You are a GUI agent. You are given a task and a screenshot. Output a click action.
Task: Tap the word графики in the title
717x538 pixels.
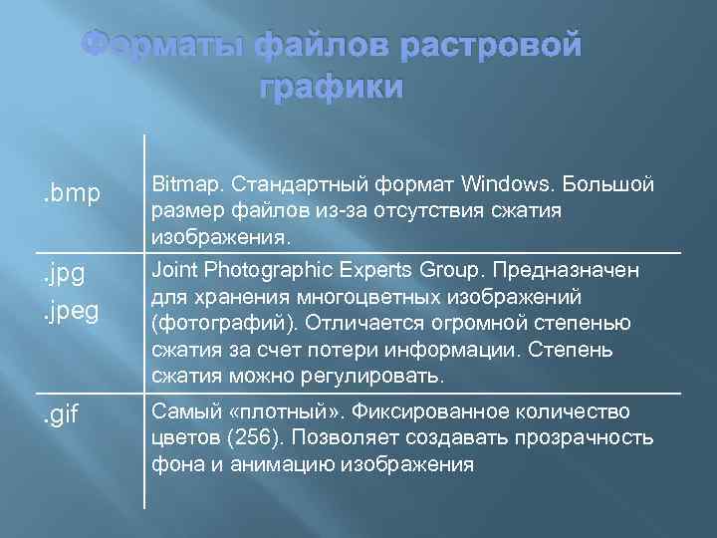pyautogui.click(x=332, y=88)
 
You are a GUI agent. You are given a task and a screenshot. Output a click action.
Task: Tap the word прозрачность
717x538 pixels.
pyautogui.click(x=590, y=437)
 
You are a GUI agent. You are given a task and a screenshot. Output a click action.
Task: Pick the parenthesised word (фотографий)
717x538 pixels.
pyautogui.click(x=223, y=324)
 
